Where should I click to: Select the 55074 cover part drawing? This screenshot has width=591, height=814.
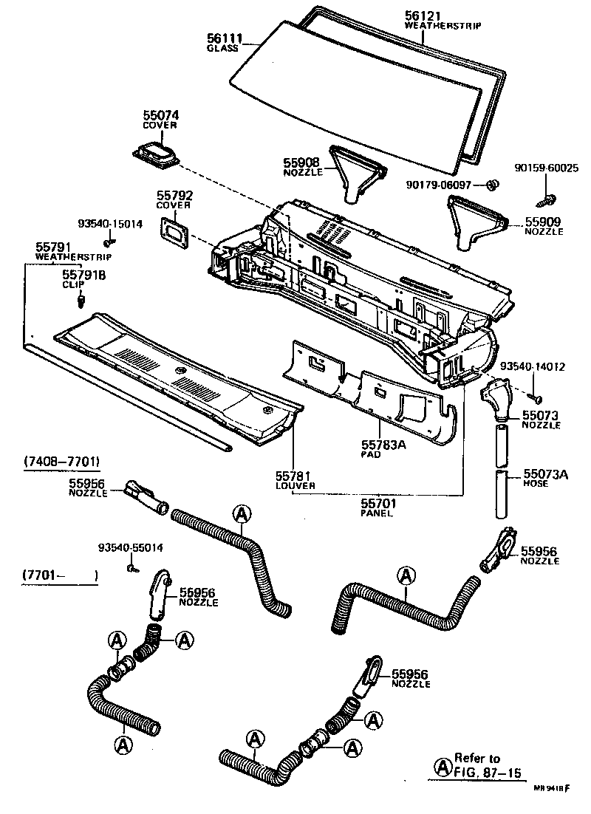pos(157,157)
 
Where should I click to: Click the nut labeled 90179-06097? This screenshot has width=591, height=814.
pos(495,183)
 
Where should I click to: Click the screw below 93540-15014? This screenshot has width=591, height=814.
pos(108,241)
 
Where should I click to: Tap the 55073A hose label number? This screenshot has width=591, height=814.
pos(546,474)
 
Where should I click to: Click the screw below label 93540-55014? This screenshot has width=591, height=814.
pos(131,568)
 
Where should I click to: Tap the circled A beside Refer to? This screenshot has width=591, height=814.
pos(443,765)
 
